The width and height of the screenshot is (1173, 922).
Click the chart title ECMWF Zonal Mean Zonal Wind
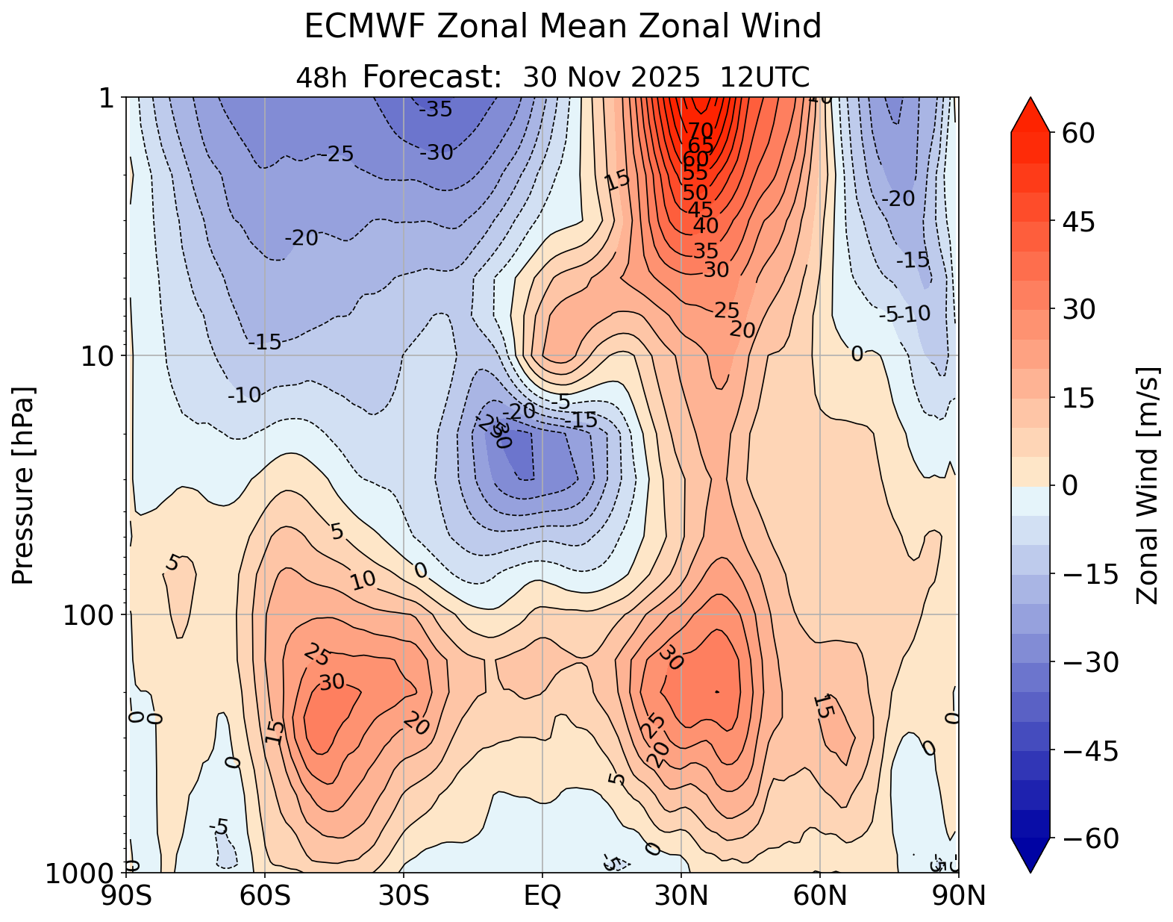(x=563, y=28)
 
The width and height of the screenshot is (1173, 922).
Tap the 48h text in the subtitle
(x=322, y=78)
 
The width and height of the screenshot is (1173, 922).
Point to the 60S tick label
(x=265, y=895)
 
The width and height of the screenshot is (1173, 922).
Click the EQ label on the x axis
(x=542, y=895)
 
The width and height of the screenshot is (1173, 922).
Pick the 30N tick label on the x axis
(x=681, y=895)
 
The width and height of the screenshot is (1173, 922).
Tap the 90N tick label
(x=958, y=895)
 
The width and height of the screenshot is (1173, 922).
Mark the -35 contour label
(x=436, y=110)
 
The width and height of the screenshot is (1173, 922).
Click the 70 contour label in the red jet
(x=700, y=132)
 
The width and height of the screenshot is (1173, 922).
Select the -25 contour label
(x=340, y=155)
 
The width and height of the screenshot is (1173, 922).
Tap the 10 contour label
(x=363, y=581)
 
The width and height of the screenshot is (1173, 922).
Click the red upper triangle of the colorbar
(x=1030, y=116)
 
